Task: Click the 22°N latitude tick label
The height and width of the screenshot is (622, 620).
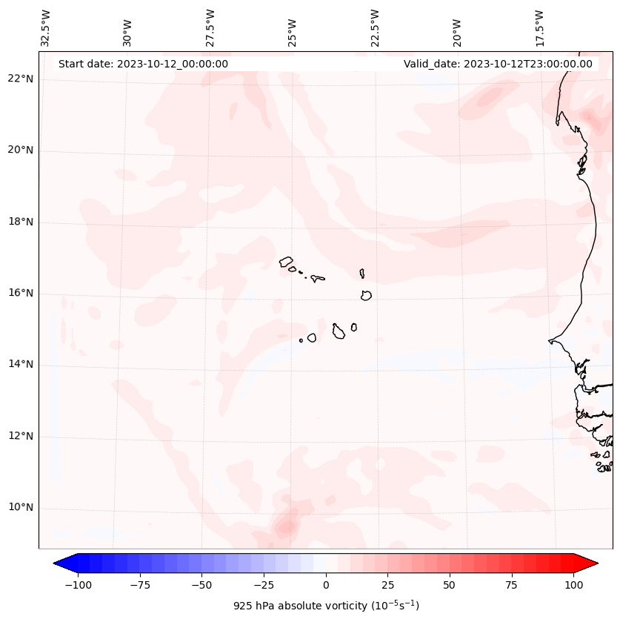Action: click(21, 79)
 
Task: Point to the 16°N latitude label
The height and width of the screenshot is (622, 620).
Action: click(21, 294)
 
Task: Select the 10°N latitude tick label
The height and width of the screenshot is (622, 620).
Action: click(21, 508)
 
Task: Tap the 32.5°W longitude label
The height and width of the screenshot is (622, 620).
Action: click(46, 27)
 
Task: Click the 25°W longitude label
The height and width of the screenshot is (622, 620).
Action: click(293, 27)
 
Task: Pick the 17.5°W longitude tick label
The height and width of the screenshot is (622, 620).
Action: click(539, 27)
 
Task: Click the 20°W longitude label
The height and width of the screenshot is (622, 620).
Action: click(457, 27)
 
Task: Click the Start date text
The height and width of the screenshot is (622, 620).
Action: click(143, 64)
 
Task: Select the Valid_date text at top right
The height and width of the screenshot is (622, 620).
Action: click(498, 64)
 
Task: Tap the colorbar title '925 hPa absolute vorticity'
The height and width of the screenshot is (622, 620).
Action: click(326, 606)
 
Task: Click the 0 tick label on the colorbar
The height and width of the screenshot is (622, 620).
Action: click(326, 585)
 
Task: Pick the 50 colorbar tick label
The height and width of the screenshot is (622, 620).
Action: click(450, 585)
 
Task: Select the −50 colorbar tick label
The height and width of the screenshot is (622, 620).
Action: click(201, 585)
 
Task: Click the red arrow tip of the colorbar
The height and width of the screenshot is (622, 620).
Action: click(592, 564)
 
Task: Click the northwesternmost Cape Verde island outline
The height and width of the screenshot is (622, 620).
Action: click(286, 261)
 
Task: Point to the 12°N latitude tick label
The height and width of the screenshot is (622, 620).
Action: click(21, 437)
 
